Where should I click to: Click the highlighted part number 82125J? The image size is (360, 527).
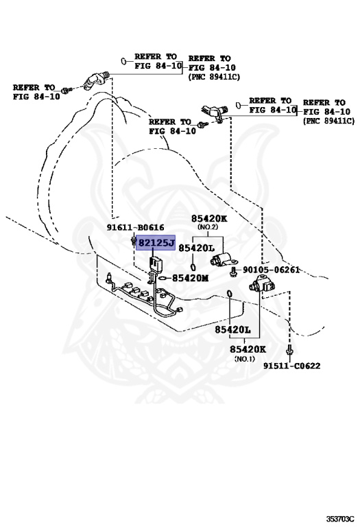tap(156, 243)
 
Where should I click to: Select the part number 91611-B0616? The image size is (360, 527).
tap(135, 228)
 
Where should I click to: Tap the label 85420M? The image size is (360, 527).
tap(190, 278)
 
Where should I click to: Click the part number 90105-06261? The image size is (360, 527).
tap(271, 270)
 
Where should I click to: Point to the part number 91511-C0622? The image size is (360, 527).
tap(291, 366)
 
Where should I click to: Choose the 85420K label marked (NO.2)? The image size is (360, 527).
tap(209, 218)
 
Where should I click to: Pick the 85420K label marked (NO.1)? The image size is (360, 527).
tap(248, 349)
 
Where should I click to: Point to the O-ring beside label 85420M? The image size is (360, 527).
tap(163, 278)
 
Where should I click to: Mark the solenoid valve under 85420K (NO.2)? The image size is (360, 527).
tap(224, 259)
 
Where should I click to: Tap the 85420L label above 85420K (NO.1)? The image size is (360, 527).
tap(232, 329)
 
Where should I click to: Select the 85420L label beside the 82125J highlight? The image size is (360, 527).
tap(196, 248)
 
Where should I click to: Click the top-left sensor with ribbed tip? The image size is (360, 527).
tap(95, 80)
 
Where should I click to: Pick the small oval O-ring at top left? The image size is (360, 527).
tap(123, 61)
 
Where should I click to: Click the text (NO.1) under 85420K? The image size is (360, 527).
tap(245, 359)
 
